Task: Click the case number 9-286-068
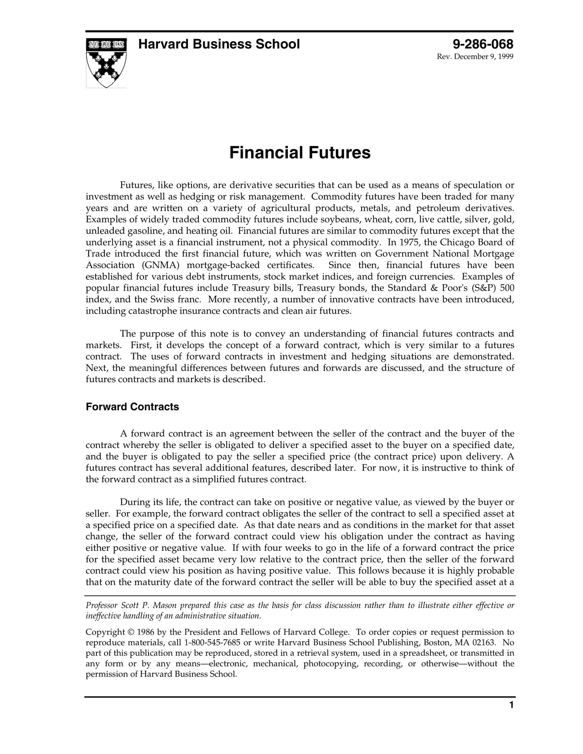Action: (483, 44)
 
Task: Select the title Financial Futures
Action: (300, 153)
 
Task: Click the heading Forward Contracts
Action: (132, 407)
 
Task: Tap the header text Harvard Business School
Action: (219, 44)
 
